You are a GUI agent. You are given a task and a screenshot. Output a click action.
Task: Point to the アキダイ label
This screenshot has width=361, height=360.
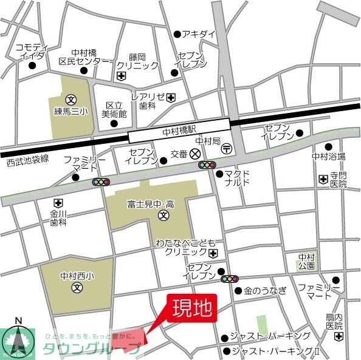[202, 34]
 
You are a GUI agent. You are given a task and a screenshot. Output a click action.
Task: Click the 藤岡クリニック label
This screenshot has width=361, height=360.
[137, 61]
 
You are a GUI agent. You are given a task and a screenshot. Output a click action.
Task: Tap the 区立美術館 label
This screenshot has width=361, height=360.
[114, 109]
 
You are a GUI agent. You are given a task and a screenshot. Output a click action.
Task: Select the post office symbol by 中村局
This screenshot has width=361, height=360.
[226, 148]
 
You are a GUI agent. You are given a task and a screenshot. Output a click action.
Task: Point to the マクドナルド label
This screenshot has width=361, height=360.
[237, 178]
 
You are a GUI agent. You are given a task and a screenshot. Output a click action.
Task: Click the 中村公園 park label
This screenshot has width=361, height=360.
[307, 261]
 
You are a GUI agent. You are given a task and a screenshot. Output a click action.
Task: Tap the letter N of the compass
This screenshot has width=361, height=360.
[18, 321]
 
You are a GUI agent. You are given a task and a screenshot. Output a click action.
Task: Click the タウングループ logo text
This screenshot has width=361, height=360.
[91, 348]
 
